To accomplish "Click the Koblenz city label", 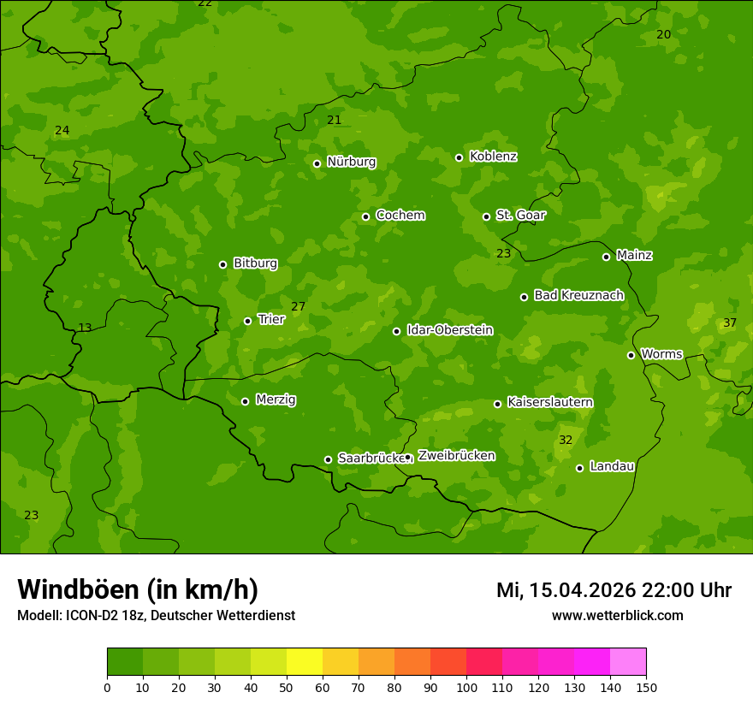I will point(493,157).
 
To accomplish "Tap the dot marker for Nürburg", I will point(317,163).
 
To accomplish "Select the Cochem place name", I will point(400,216).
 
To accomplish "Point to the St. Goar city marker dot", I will point(486,216).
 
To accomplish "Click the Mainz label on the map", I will point(634,256).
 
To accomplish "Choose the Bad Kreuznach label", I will point(578,295).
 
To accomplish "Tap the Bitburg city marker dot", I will point(222,264).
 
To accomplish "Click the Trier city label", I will point(271,320).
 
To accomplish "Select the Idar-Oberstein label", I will point(449,330).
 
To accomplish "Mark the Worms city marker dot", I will point(631,355).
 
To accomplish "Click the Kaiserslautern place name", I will point(549,402).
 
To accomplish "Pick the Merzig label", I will point(276,399).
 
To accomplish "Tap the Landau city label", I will point(612,466).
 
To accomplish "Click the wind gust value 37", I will point(729,322).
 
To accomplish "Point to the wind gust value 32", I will point(565,440).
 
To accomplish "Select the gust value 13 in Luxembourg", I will point(85,328).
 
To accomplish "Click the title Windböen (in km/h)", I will point(138,589).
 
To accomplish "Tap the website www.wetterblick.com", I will point(617,615).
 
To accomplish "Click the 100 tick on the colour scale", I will point(466,687).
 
